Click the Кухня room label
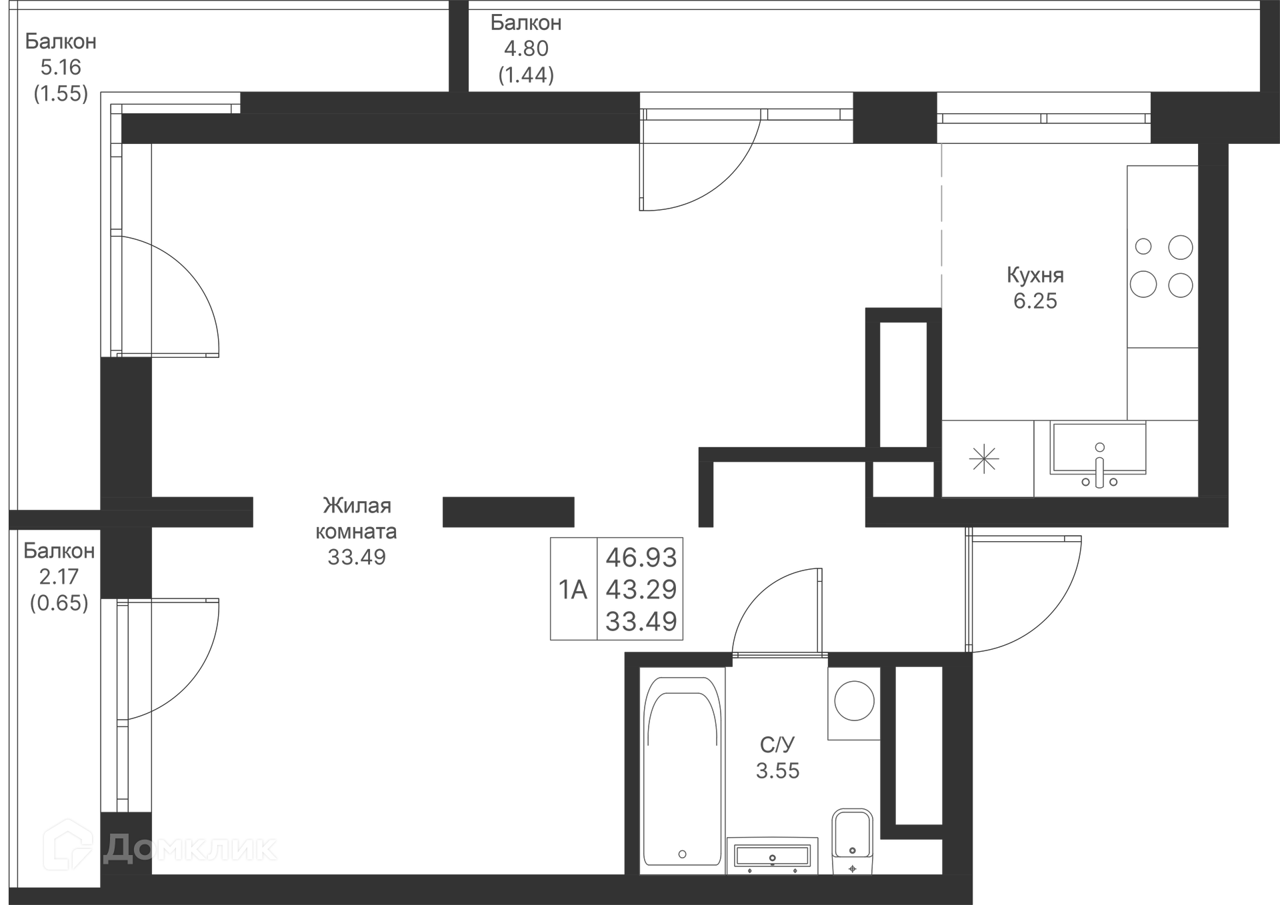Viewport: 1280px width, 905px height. (1035, 275)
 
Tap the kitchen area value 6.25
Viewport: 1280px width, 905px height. (1035, 301)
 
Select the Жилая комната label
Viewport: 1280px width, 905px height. (356, 518)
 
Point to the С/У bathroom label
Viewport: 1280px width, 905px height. (777, 744)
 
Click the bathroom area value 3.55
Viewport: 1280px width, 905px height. (777, 771)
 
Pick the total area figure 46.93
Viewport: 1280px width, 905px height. (641, 557)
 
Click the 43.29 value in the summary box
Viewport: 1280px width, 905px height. (641, 589)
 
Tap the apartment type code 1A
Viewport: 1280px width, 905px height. (573, 590)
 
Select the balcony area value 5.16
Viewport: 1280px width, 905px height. (61, 67)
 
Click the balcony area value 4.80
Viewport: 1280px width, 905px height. (526, 49)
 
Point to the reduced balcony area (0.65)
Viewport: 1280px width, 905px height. (59, 603)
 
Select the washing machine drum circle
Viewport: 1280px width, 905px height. (854, 700)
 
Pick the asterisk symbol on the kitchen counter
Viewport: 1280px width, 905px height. (984, 459)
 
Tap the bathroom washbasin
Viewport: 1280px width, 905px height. (772, 856)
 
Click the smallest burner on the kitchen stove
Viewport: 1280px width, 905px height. (1143, 247)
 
